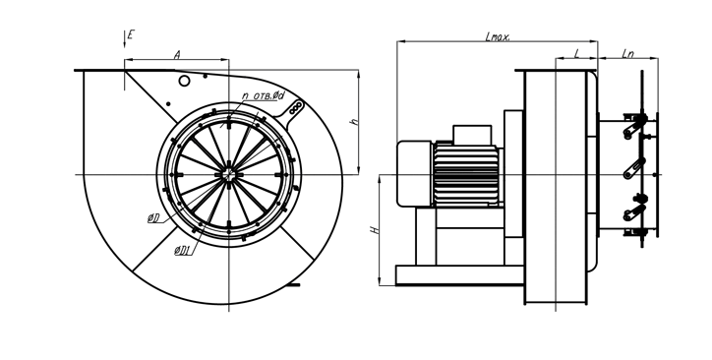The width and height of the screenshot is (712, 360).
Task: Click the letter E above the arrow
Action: (x=131, y=34)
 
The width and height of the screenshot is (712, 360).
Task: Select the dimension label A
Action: (x=178, y=55)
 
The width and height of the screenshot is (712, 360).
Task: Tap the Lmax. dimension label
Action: (x=498, y=36)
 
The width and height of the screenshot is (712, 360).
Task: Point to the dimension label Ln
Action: (x=627, y=54)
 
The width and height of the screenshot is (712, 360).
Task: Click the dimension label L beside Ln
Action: (x=577, y=54)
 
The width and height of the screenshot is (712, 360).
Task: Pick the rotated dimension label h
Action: (x=355, y=121)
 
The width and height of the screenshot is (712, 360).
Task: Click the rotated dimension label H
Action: (x=375, y=230)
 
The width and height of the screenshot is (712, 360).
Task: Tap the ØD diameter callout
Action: (x=153, y=218)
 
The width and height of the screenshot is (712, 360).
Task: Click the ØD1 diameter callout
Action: (x=182, y=250)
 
